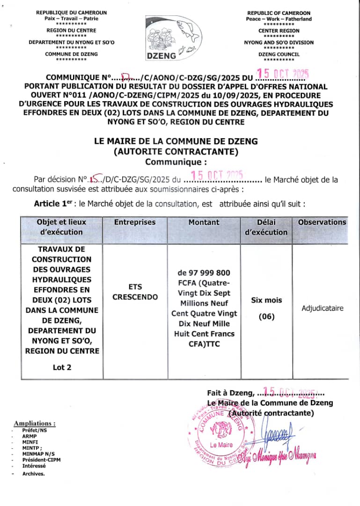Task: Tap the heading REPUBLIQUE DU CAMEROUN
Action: [x=71, y=13]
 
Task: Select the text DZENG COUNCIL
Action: [x=279, y=54]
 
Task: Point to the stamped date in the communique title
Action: [x=284, y=74]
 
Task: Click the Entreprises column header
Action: [x=135, y=223]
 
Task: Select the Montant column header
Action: [x=204, y=223]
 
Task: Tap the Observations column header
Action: [x=322, y=223]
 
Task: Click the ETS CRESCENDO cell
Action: [x=135, y=292]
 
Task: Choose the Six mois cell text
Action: [x=266, y=300]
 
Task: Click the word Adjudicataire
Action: [x=323, y=308]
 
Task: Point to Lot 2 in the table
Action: [x=62, y=367]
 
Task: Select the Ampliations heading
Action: [x=35, y=423]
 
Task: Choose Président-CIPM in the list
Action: [x=41, y=460]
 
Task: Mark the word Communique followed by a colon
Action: [x=176, y=162]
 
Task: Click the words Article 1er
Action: [x=54, y=204]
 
